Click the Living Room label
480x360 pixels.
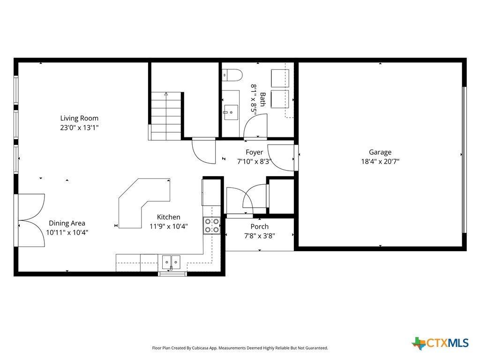79,118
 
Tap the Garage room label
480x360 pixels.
380,152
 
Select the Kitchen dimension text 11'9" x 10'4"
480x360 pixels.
169,226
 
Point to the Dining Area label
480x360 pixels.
67,223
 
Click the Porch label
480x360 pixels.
260,226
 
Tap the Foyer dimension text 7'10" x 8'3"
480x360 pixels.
255,161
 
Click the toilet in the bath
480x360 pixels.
232,75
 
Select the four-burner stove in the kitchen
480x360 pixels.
212,225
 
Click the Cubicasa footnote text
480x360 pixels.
240,348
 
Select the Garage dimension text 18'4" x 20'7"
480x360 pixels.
380,161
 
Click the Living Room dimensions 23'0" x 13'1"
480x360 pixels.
79,127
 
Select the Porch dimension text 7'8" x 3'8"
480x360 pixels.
260,236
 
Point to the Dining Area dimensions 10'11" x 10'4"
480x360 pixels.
67,232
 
